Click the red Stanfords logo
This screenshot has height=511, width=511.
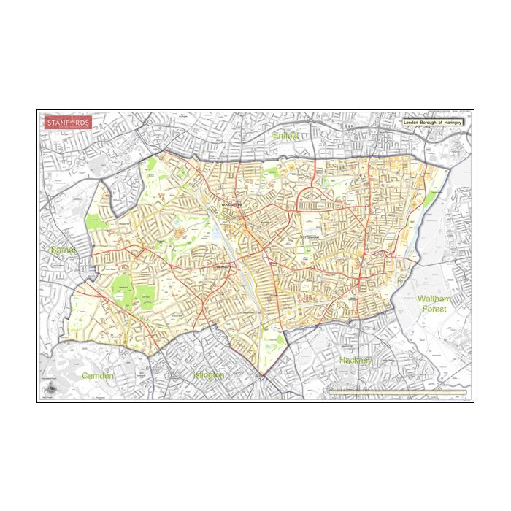pos(67,123)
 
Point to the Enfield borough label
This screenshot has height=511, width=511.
pos(286,137)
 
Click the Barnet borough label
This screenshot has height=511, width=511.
pos(64,250)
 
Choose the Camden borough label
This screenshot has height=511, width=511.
pos(99,375)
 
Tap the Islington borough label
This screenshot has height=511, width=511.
pos(208,374)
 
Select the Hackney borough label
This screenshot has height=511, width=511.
pos(356,361)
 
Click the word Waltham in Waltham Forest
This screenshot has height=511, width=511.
pos(434,300)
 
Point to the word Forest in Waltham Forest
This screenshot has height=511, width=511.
pos(434,310)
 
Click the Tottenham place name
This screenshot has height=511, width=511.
pos(312,238)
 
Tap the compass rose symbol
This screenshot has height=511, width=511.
pos(50,389)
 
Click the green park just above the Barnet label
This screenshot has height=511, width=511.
pos(96,223)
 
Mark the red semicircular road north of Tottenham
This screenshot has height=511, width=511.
pos(315,191)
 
